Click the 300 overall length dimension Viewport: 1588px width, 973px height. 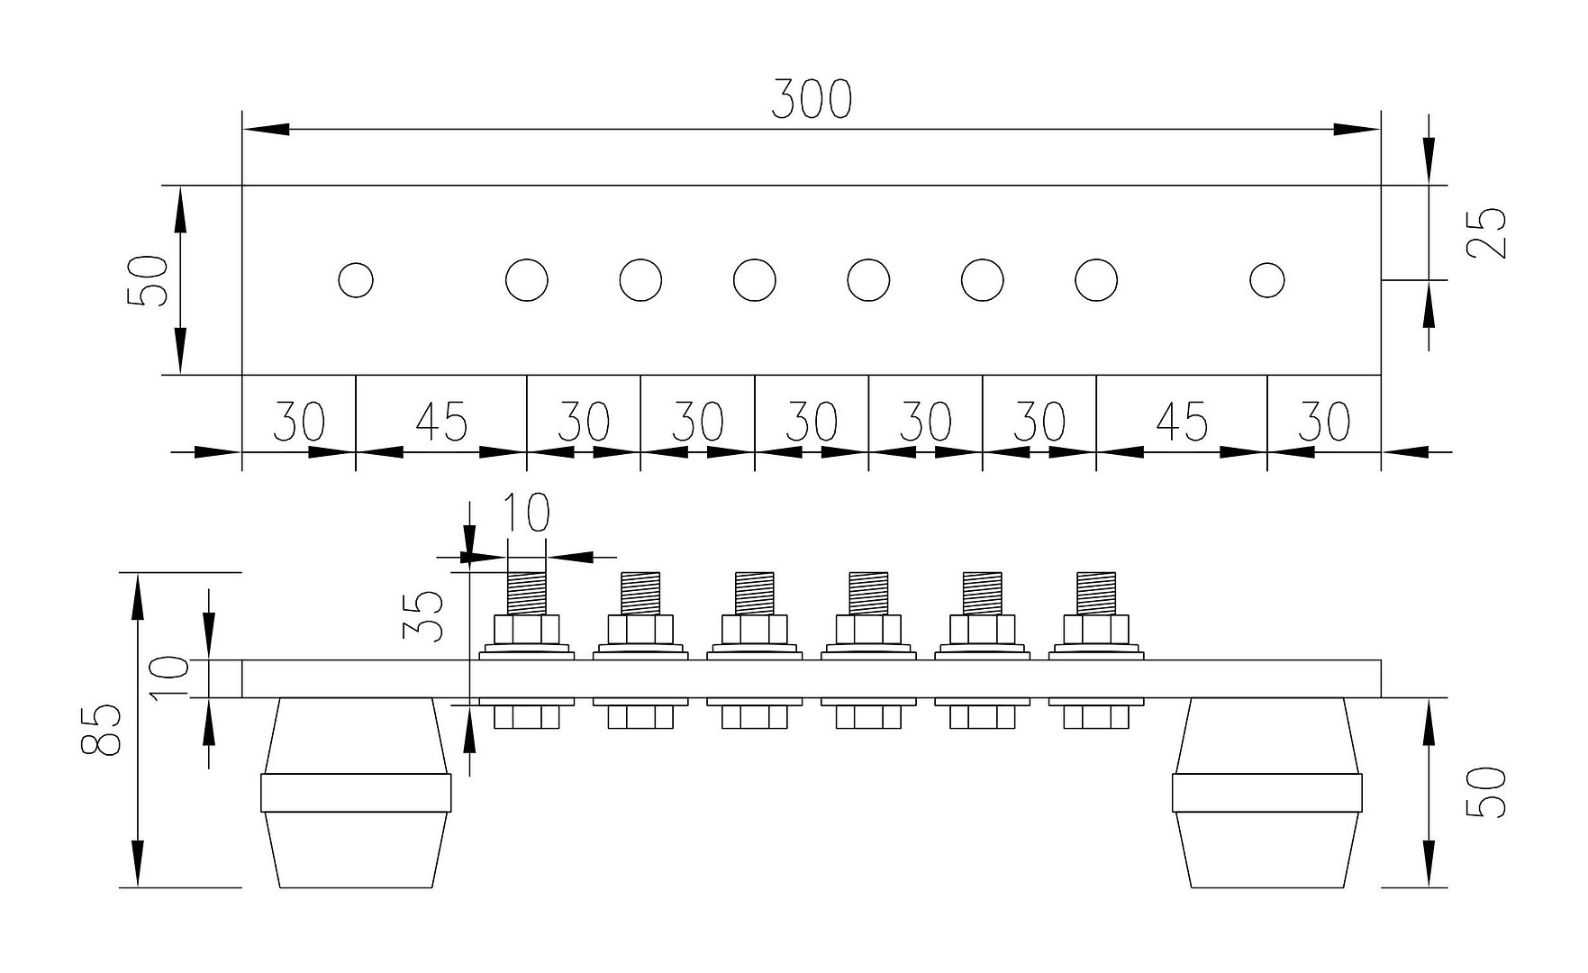tap(811, 100)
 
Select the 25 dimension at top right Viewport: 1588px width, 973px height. tap(1487, 232)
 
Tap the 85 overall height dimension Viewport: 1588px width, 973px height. tap(101, 729)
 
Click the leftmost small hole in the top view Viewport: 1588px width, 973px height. tap(356, 280)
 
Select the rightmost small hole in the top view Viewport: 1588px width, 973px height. tap(1267, 280)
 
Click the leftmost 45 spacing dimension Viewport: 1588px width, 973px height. tap(441, 421)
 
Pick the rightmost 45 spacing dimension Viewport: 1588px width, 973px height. tap(1182, 421)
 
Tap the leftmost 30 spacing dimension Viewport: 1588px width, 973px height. tap(299, 421)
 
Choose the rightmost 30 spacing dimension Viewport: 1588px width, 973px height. tap(1324, 421)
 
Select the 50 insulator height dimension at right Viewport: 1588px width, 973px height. tap(1487, 792)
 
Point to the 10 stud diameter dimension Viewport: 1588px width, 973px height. tap(524, 513)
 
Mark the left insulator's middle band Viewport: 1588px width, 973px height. tap(356, 793)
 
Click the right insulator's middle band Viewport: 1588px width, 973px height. tap(1266, 793)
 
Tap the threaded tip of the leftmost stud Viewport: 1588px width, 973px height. tap(527, 594)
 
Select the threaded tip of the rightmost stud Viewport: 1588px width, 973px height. tap(1096, 594)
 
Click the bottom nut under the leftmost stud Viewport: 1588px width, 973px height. tap(527, 717)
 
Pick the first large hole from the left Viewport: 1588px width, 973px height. tap(527, 280)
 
